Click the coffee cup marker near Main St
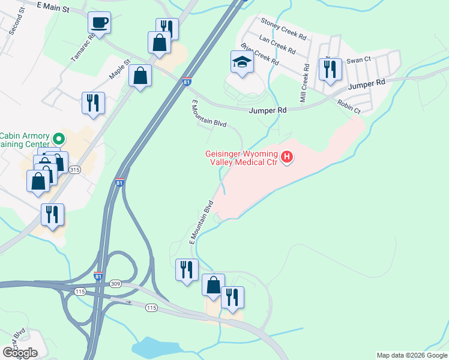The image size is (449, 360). (99, 23)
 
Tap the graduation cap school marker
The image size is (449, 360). (242, 62)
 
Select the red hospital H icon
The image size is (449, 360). (288, 158)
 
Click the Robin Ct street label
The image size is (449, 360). (349, 107)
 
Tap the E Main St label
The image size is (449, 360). (53, 7)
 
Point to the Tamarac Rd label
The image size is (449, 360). (83, 47)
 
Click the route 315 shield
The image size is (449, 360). (74, 170)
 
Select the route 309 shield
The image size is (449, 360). (116, 283)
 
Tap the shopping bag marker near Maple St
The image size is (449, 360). (140, 76)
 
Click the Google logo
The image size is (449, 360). (20, 353)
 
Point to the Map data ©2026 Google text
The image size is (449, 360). (412, 355)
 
